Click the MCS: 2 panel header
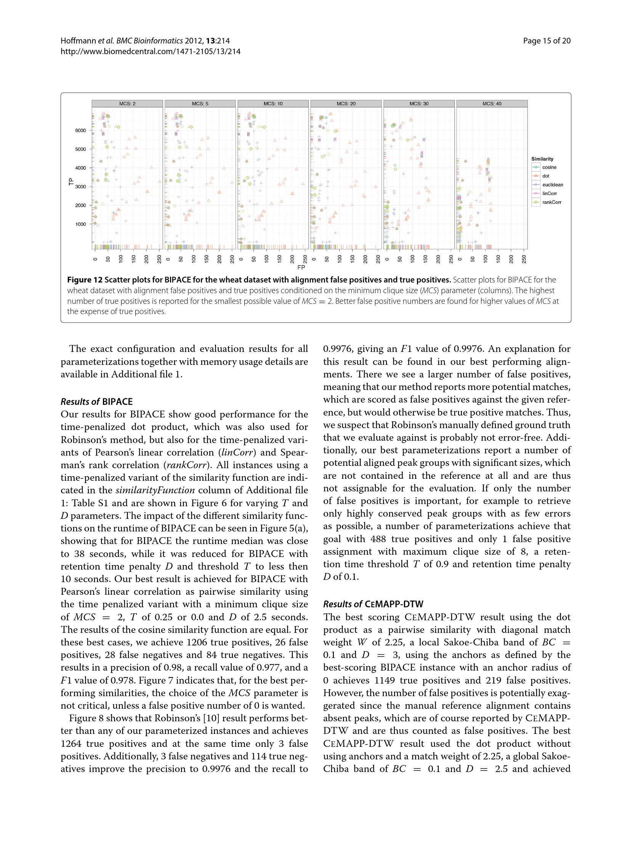[127, 104]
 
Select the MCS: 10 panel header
[273, 104]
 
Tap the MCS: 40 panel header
[492, 104]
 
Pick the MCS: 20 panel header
[346, 104]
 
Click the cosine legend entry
[549, 167]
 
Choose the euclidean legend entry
[552, 185]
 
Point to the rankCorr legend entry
[551, 202]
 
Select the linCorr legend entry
[549, 194]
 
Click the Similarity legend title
[542, 159]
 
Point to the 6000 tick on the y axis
[80, 130]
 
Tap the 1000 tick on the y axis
[80, 224]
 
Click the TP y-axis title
[71, 182]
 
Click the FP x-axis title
[301, 268]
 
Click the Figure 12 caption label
[85, 280]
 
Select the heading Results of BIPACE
[96, 402]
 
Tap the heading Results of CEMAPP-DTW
[373, 604]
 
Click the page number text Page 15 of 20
[547, 41]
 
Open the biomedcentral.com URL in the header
[151, 51]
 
